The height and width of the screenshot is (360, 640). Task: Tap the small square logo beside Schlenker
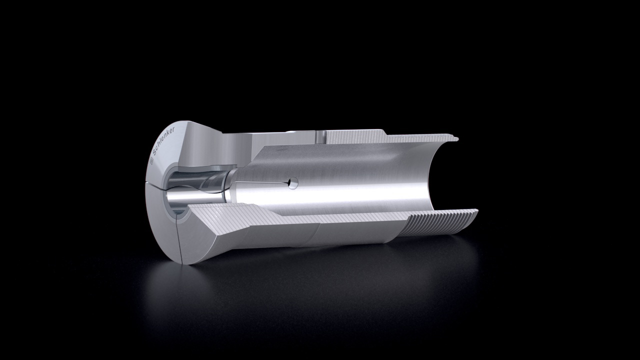(x=151, y=160)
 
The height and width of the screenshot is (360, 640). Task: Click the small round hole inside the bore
(x=293, y=183)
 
